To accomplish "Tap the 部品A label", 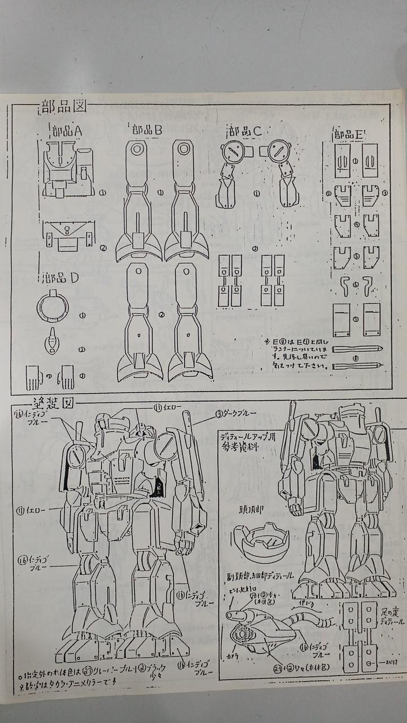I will click(67, 131).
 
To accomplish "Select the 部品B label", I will click(144, 130).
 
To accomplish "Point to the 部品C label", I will click(244, 131).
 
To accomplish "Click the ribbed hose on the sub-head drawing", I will click(317, 621).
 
